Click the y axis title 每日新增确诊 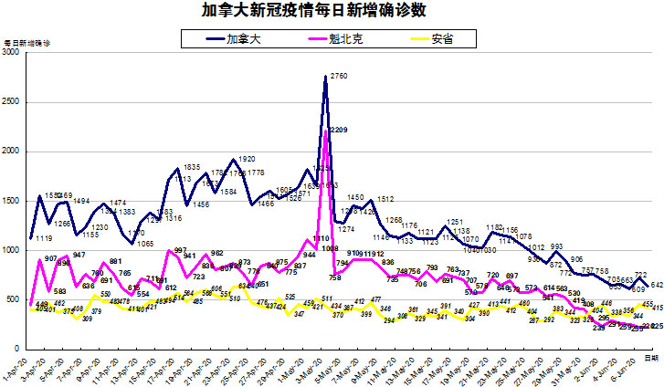coord(27,43)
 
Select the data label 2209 coord(339,130)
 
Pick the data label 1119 coord(42,238)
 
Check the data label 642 coord(657,285)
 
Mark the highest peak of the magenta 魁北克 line coord(325,131)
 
